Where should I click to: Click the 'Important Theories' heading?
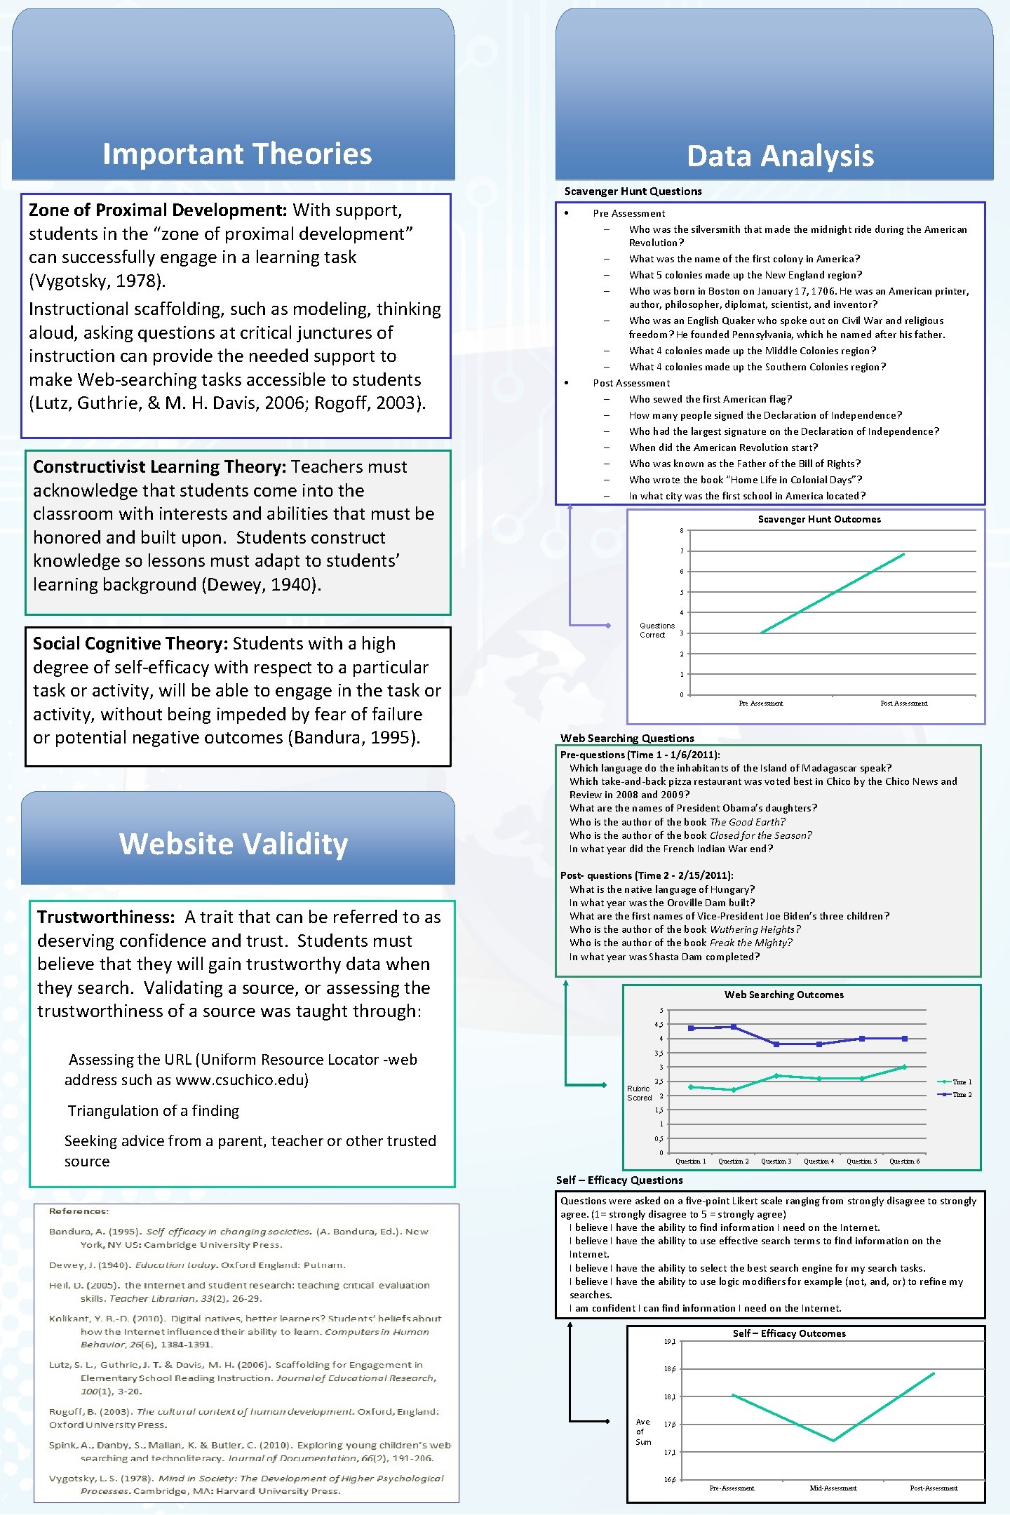coord(237,154)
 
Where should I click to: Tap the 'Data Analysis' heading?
coord(780,156)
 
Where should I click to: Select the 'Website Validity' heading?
coord(234,844)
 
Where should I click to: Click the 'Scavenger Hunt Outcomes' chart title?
coord(819,519)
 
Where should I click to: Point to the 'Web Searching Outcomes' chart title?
coord(784,995)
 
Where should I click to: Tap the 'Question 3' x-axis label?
coord(776,1161)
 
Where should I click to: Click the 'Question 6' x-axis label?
coord(904,1161)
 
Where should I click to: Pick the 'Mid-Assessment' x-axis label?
coord(833,1488)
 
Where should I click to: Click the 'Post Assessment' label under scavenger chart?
coord(903,703)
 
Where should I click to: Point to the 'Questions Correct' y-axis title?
coord(656,630)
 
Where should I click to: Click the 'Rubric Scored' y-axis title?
coord(639,1093)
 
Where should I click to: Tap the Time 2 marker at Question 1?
coord(691,1028)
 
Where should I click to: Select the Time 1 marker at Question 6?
coord(904,1067)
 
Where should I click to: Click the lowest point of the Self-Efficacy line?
coord(833,1441)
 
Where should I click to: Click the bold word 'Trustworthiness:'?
coord(106,917)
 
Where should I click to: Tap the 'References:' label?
coord(79,1211)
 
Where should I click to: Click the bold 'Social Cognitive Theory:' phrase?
coord(130,644)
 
